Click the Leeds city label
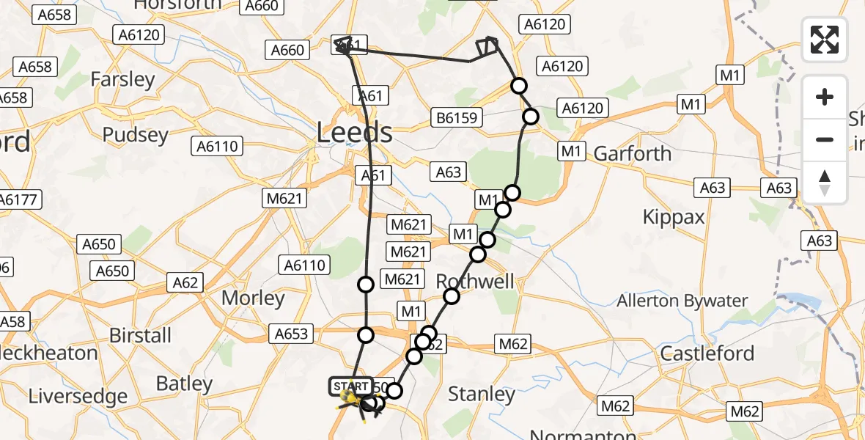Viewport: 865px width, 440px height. click(355, 133)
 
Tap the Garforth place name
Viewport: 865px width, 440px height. click(633, 153)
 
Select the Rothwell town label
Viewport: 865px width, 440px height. click(475, 281)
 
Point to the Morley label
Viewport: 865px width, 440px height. click(253, 298)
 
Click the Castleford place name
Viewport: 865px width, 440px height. click(707, 353)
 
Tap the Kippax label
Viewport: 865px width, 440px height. click(673, 216)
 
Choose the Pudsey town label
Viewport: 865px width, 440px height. click(135, 135)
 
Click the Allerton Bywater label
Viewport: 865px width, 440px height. click(682, 301)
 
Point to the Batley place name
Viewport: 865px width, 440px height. click(184, 384)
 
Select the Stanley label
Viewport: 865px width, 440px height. click(482, 394)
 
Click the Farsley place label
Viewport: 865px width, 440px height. click(122, 79)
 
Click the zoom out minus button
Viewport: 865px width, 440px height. click(825, 139)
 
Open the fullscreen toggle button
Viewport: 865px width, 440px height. click(825, 39)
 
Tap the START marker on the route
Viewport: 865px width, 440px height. click(350, 386)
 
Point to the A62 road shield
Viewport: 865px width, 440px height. click(185, 282)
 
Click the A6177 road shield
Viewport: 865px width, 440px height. click(19, 199)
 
